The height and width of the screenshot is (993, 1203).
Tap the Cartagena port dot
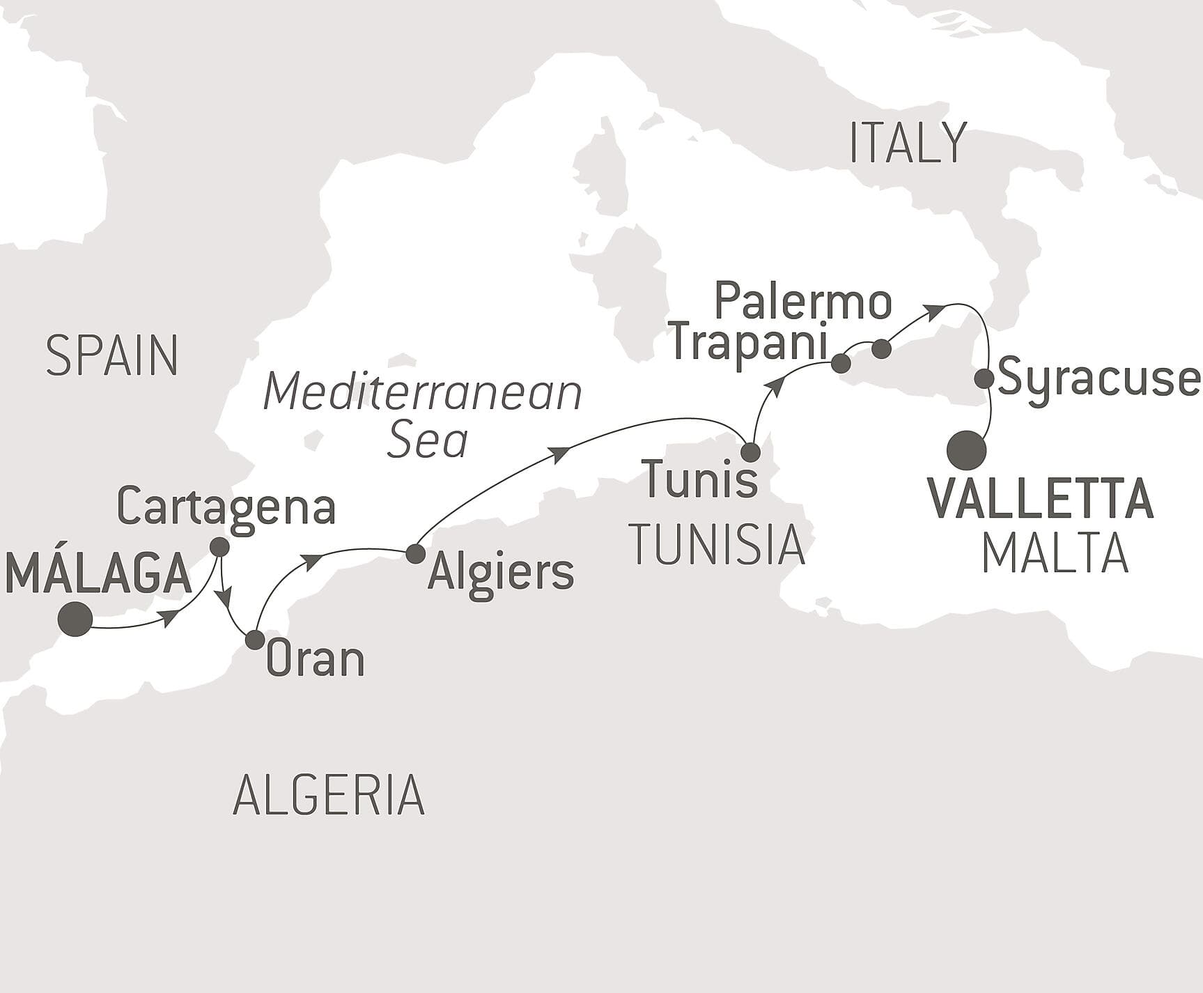(x=219, y=547)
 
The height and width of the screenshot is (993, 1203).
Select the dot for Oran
(x=255, y=640)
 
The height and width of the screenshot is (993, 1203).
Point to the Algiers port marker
(x=415, y=553)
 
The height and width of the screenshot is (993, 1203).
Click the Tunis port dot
(x=750, y=452)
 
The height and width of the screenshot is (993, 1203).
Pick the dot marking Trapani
(x=841, y=363)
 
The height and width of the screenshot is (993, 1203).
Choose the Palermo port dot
(x=881, y=348)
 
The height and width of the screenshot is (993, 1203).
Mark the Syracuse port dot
(x=984, y=379)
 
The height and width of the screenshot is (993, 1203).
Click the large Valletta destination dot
(x=968, y=450)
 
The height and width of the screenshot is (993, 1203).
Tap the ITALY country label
(x=908, y=143)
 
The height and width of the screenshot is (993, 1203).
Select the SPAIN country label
(x=111, y=355)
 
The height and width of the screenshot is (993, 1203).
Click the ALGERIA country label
(x=328, y=795)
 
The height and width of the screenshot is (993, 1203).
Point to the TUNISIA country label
(x=717, y=545)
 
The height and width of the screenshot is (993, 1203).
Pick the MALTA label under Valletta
(x=1055, y=553)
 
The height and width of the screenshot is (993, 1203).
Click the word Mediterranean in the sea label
(x=422, y=392)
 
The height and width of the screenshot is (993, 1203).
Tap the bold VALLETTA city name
(x=1041, y=499)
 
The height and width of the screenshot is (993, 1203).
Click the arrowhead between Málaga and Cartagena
(x=168, y=617)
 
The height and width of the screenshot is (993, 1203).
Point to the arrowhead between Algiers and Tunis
(x=559, y=454)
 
